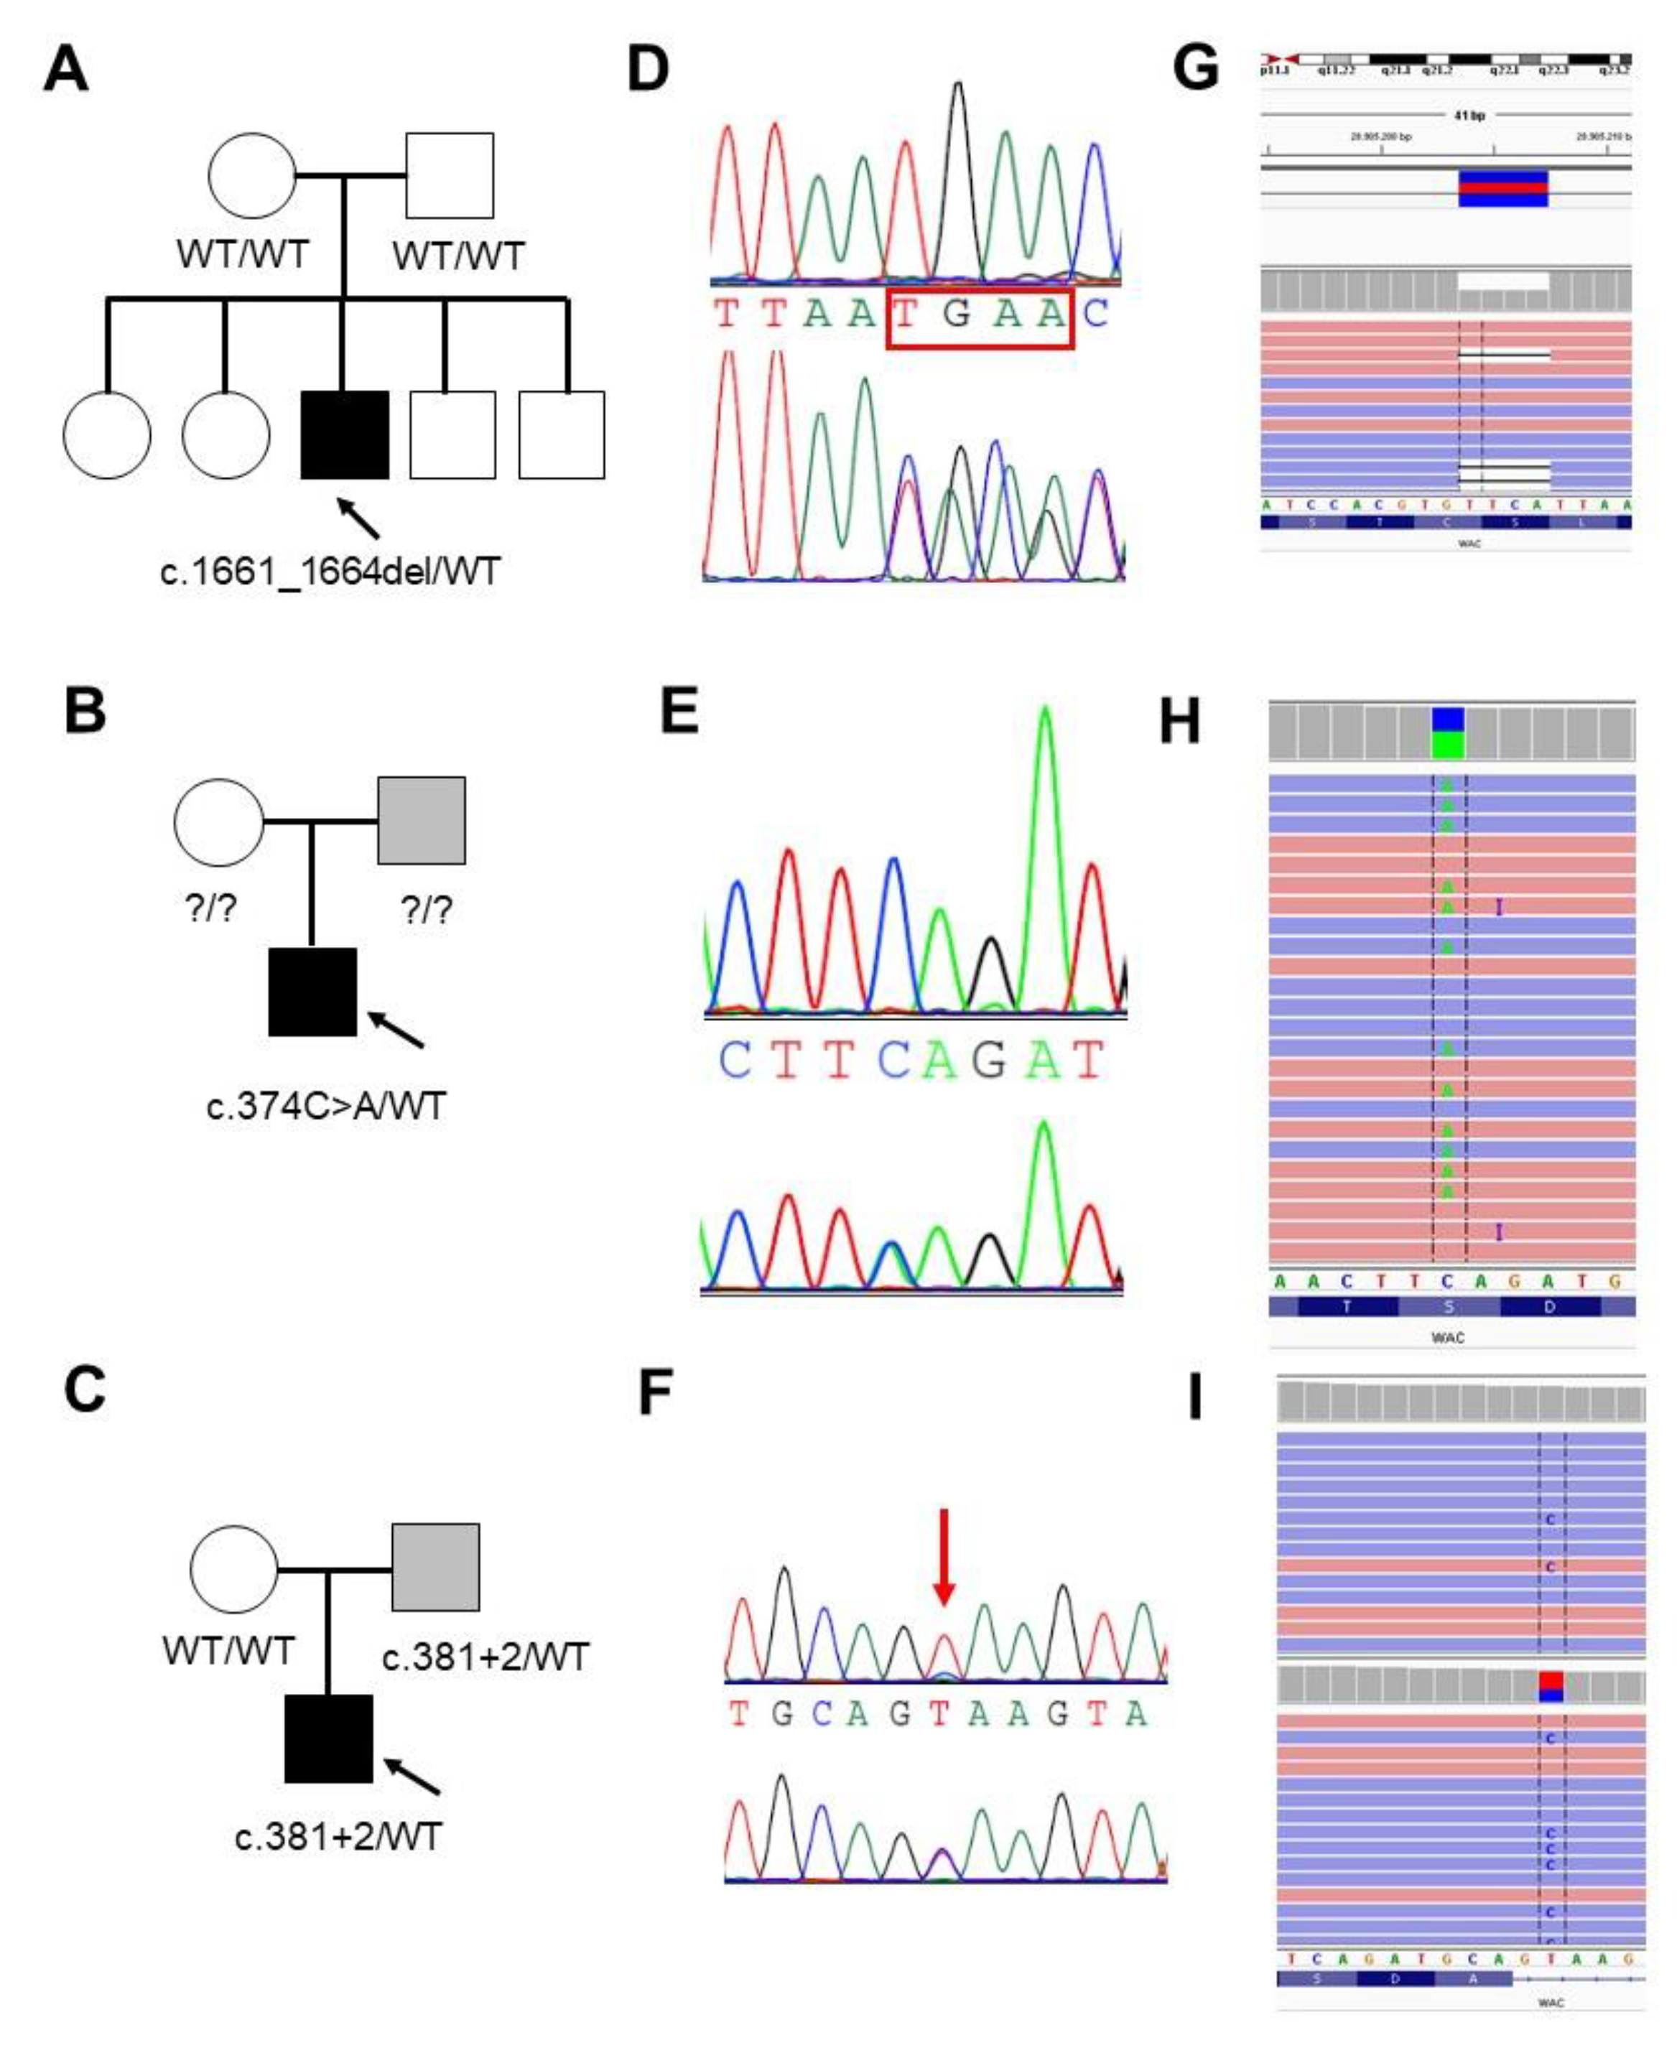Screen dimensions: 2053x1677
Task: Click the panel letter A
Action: [x=65, y=70]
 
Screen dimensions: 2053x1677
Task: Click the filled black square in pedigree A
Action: [x=345, y=434]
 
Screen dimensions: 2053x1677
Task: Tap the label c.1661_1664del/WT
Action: [x=330, y=572]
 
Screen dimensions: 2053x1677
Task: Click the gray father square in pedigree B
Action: [x=421, y=820]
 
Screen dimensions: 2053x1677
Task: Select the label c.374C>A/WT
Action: [x=327, y=1107]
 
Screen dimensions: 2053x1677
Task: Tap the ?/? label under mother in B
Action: [x=210, y=908]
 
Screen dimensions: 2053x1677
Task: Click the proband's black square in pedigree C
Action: [x=328, y=1739]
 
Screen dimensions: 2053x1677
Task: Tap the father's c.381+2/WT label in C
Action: [x=485, y=1658]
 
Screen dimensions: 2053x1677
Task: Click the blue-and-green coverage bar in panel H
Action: [x=1447, y=733]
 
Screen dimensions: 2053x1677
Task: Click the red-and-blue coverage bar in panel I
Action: [x=1551, y=1686]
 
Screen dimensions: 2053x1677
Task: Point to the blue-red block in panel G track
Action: [x=1503, y=188]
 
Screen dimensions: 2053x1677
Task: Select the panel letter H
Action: [x=1179, y=722]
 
